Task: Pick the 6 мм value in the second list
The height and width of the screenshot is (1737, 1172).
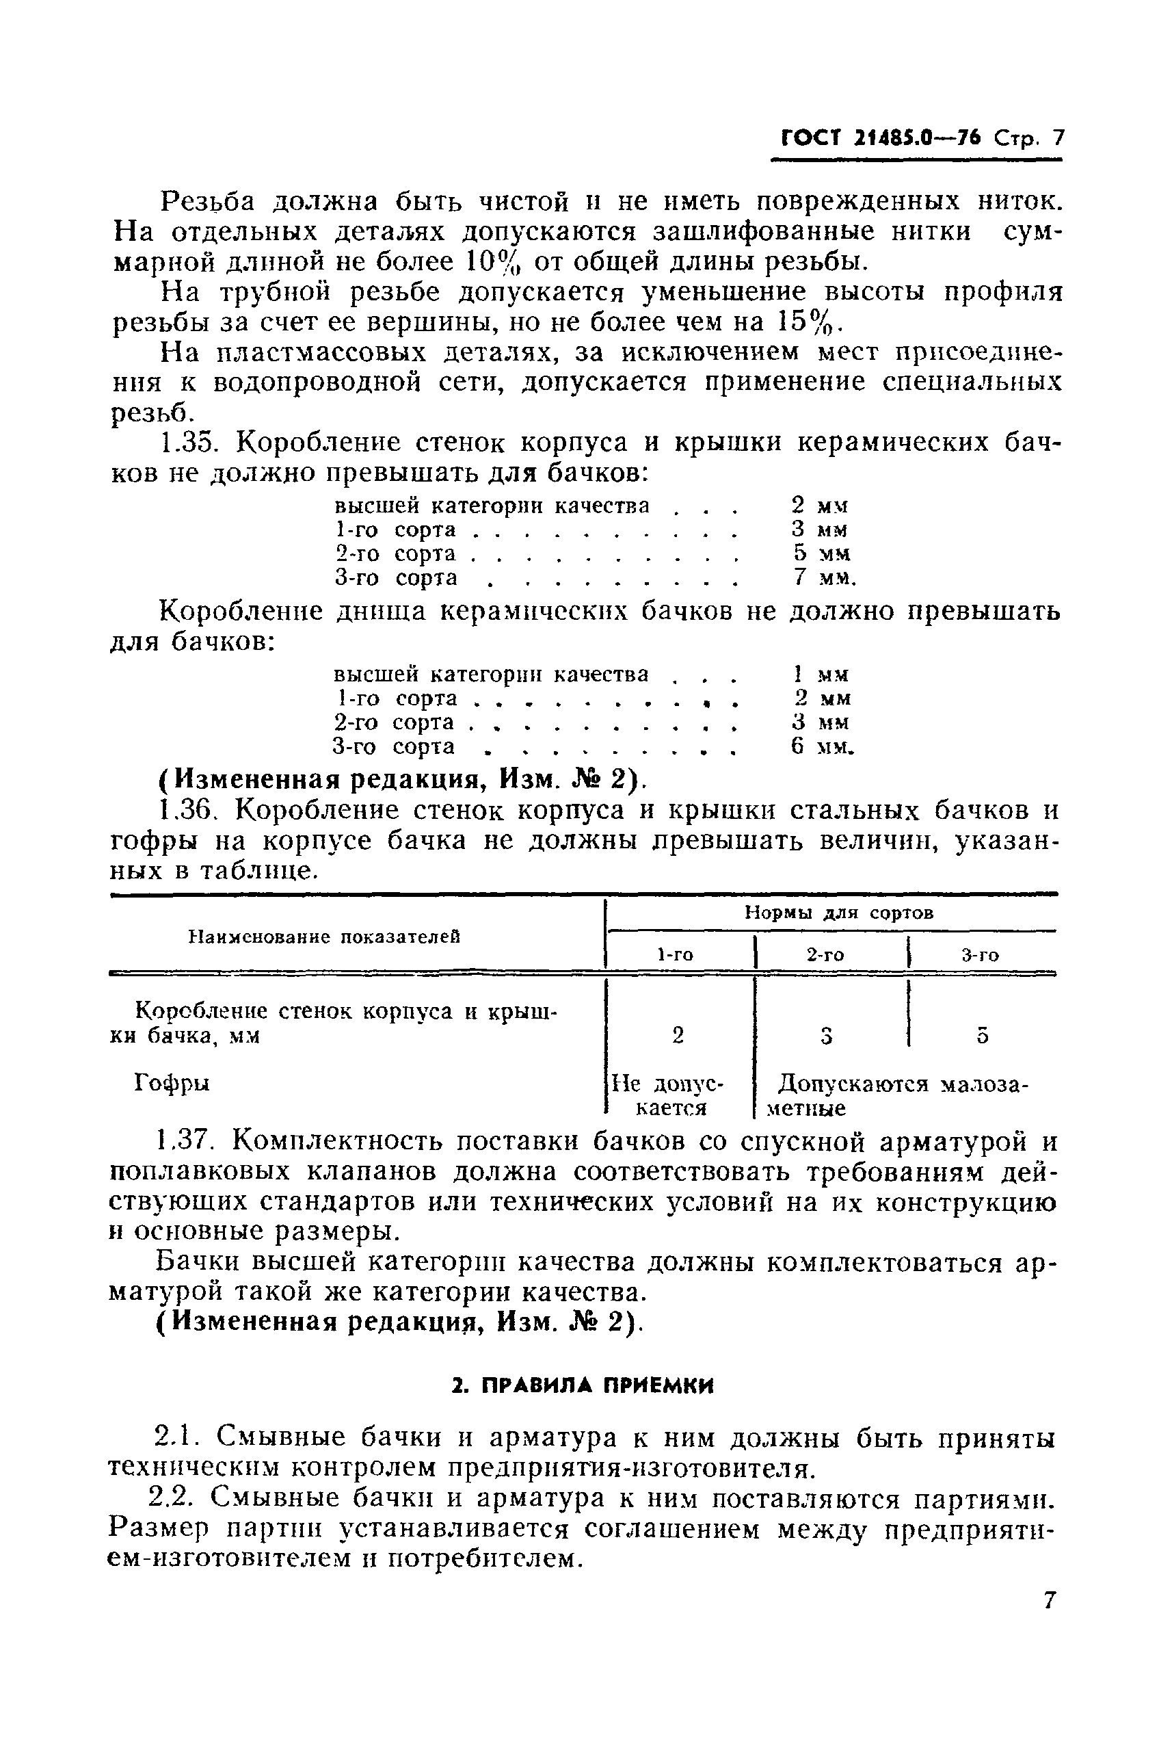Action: point(822,746)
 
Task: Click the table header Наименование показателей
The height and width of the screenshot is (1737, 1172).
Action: point(323,937)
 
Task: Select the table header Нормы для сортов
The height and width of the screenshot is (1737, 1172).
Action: point(839,913)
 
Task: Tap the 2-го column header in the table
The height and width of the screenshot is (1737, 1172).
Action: point(825,954)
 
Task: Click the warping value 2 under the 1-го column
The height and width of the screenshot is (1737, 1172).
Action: point(678,1035)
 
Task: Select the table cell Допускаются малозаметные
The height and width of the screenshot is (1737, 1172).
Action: point(892,1095)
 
